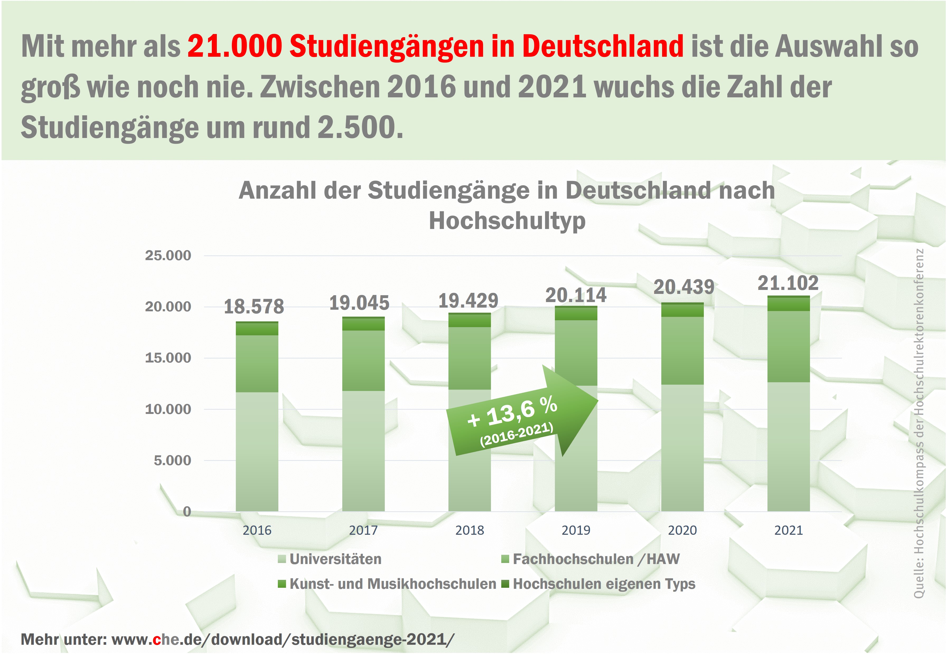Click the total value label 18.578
click(x=254, y=307)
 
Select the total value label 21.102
click(x=788, y=283)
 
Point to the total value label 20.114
click(x=575, y=295)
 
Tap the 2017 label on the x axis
click(x=363, y=530)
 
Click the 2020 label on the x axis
click(x=682, y=530)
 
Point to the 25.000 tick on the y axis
click(x=168, y=256)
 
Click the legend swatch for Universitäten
click(x=282, y=559)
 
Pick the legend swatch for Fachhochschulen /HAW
click(x=505, y=559)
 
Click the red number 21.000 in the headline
click(x=235, y=46)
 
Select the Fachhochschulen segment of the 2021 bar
click(x=788, y=347)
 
